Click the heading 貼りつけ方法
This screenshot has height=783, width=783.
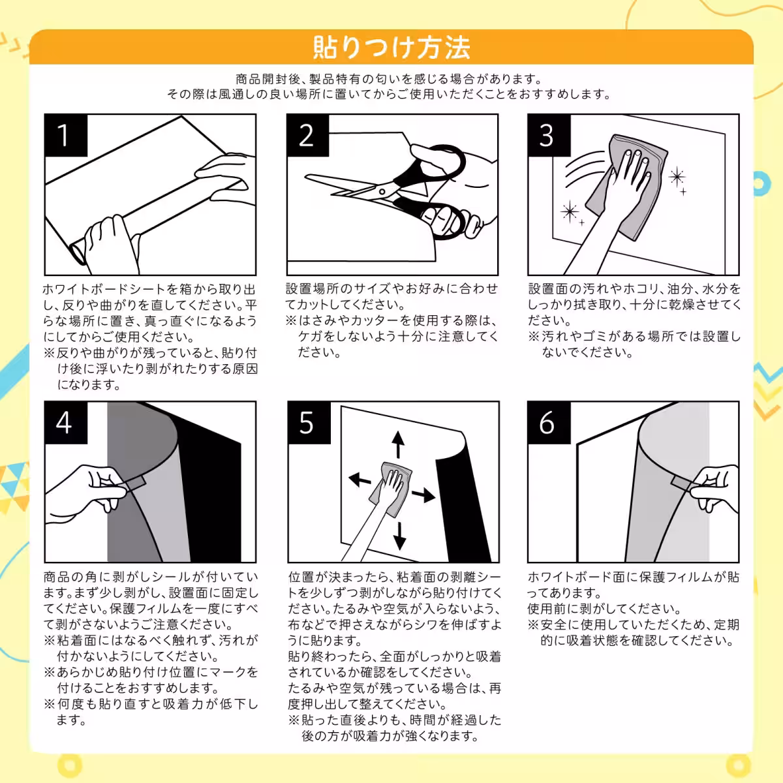(x=391, y=47)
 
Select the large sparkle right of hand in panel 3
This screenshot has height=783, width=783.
(x=677, y=177)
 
